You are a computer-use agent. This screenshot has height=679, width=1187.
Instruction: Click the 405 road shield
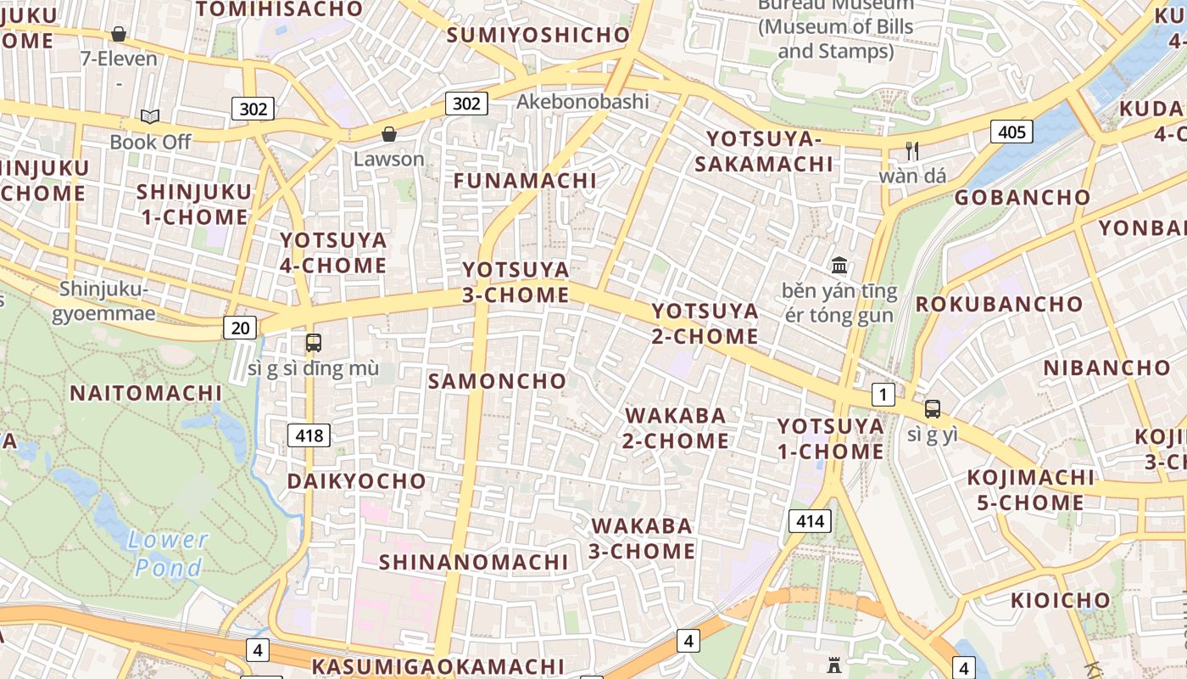click(1011, 132)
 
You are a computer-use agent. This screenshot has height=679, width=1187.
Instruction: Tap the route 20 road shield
click(240, 328)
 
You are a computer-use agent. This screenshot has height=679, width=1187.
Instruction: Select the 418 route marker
click(309, 436)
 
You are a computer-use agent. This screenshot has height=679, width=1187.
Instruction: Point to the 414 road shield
click(810, 521)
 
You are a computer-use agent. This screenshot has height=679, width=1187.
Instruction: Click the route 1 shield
click(883, 395)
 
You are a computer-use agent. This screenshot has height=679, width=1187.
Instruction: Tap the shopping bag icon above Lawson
click(389, 134)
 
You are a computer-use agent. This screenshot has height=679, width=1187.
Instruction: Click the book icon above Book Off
click(150, 117)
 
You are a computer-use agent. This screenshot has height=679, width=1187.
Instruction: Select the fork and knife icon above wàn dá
click(912, 151)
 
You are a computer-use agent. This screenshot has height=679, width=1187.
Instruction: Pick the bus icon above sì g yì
click(933, 409)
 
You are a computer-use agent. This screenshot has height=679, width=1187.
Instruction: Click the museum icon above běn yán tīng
click(839, 265)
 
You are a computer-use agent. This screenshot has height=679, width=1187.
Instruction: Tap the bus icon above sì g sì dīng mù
click(314, 343)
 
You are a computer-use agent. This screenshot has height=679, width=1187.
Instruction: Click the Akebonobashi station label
click(582, 102)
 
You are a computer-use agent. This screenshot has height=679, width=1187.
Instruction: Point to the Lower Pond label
click(169, 553)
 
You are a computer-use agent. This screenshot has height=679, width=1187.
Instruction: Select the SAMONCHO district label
click(497, 381)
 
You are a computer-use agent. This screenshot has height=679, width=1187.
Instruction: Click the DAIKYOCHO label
click(356, 481)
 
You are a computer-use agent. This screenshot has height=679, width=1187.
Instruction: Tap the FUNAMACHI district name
click(525, 181)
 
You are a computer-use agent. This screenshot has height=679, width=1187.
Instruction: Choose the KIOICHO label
click(1060, 601)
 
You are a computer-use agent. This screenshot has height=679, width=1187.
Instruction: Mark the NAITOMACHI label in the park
click(146, 394)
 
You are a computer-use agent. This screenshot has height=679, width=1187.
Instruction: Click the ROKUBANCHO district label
click(999, 304)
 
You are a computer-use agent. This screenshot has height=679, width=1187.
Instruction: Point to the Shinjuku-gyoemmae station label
click(104, 301)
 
